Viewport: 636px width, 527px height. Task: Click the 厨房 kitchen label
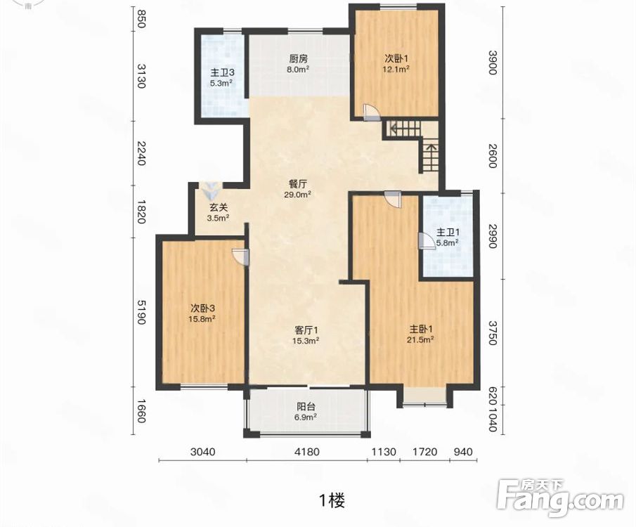[x=298, y=58]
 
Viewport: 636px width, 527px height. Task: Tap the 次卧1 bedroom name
[x=396, y=58]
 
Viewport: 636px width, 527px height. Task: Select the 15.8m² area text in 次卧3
[x=202, y=319]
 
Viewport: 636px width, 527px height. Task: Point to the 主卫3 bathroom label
[x=221, y=73]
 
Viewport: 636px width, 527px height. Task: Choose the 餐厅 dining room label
[x=298, y=185]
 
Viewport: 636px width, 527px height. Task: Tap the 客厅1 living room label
[x=306, y=330]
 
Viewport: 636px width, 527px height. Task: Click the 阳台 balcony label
[x=306, y=407]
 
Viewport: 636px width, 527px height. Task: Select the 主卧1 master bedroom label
[x=421, y=329]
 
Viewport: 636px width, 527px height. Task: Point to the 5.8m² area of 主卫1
[x=448, y=243]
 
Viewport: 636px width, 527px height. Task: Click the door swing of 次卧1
[x=371, y=112]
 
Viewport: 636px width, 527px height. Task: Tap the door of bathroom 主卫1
[x=424, y=241]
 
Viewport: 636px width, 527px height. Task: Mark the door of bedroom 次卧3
[x=240, y=257]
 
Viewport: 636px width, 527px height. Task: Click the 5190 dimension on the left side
[x=141, y=312]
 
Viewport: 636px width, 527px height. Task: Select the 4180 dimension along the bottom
[x=306, y=452]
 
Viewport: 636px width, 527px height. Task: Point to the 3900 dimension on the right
[x=492, y=62]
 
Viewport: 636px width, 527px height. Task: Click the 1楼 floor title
[x=332, y=500]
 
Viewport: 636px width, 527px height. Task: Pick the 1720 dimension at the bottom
[x=424, y=452]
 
